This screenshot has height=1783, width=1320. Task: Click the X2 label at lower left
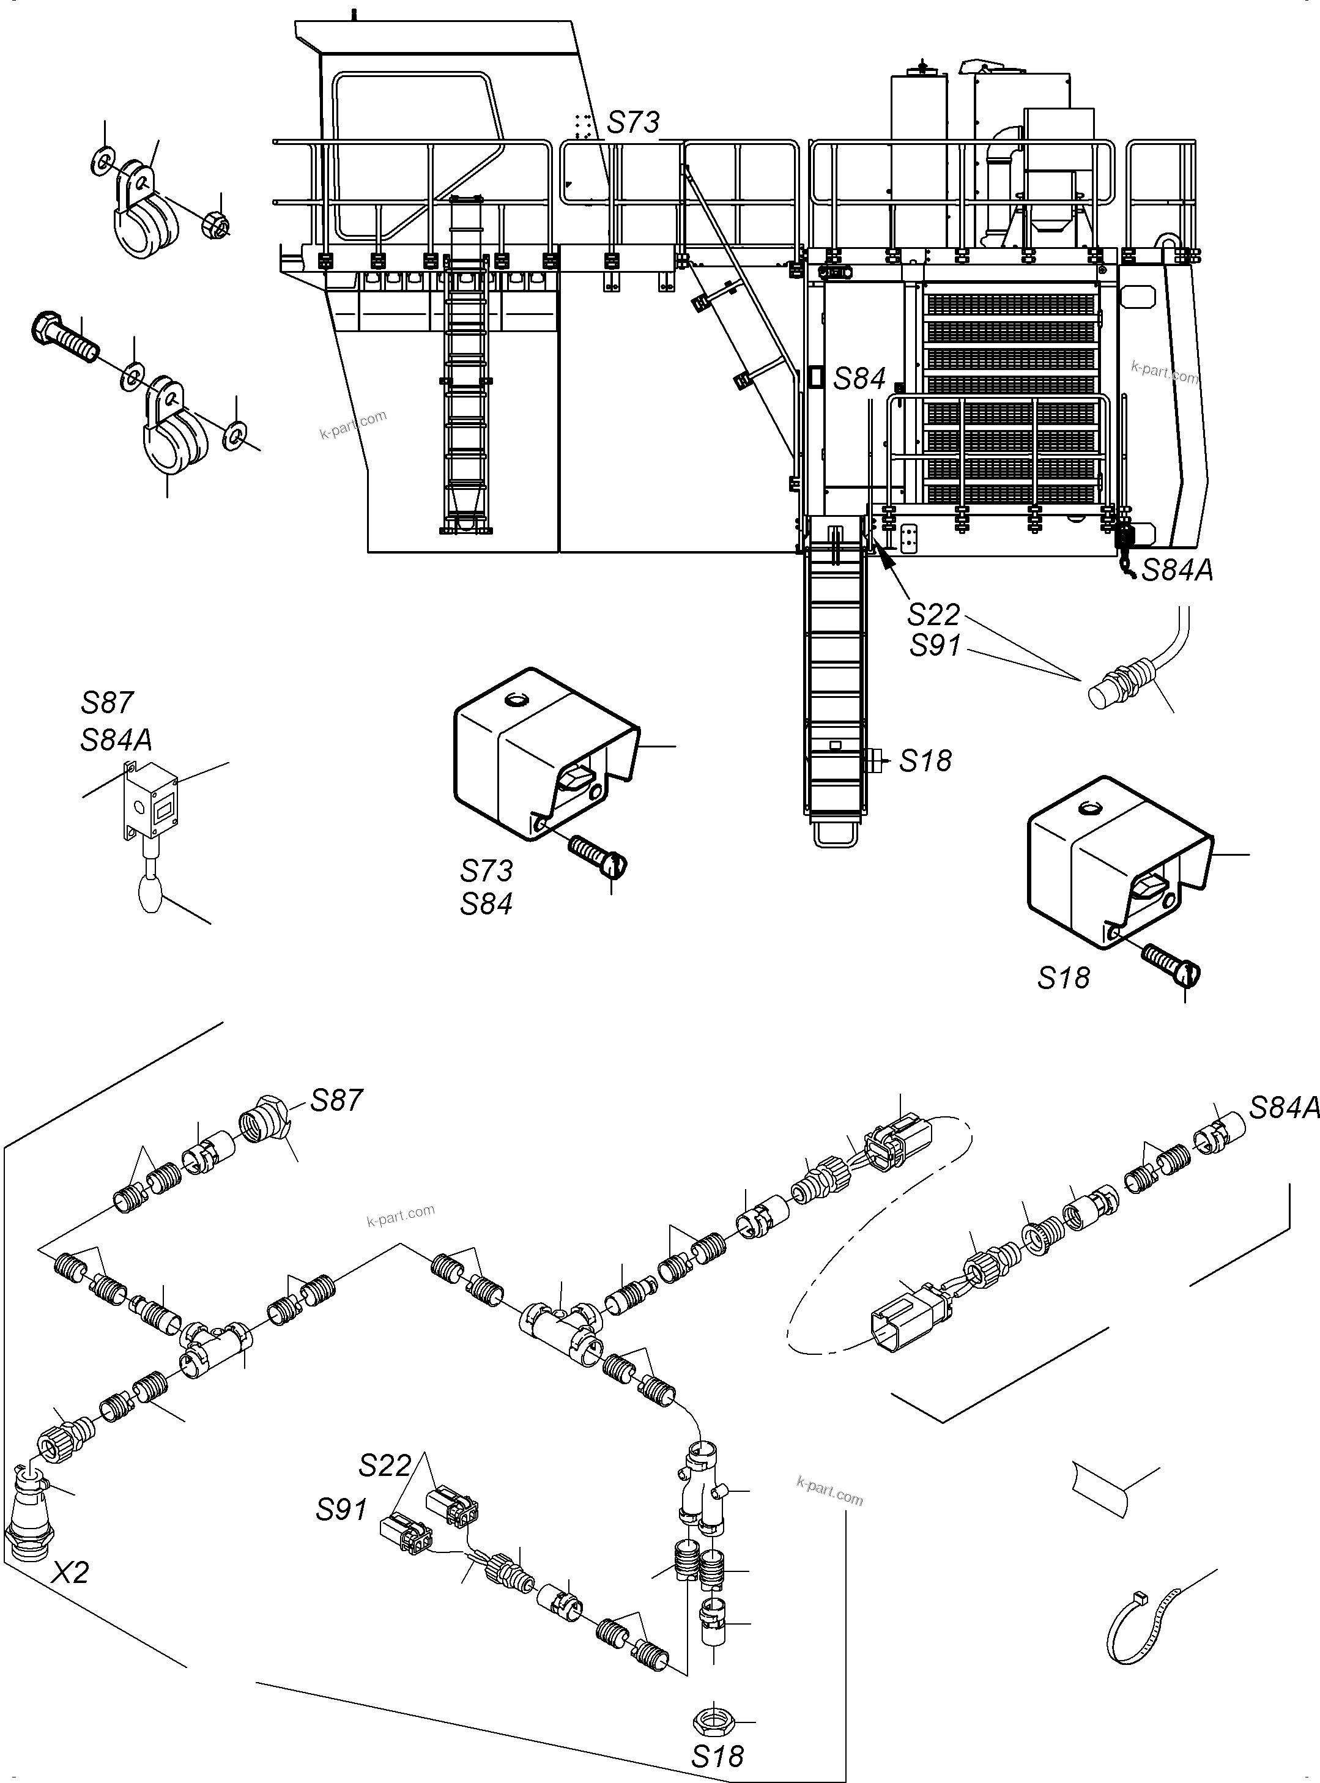(x=70, y=1572)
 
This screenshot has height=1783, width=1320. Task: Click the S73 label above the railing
(x=633, y=122)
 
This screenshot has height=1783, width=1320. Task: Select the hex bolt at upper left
(x=64, y=336)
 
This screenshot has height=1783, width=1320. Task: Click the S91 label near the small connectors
(x=341, y=1509)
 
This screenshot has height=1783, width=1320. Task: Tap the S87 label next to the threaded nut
(x=336, y=1100)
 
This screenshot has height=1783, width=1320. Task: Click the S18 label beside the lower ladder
(x=925, y=760)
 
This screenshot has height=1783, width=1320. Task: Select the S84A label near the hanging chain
(x=1176, y=570)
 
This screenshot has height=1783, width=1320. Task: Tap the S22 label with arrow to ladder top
(x=932, y=614)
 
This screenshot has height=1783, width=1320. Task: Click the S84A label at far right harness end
(x=1283, y=1108)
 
